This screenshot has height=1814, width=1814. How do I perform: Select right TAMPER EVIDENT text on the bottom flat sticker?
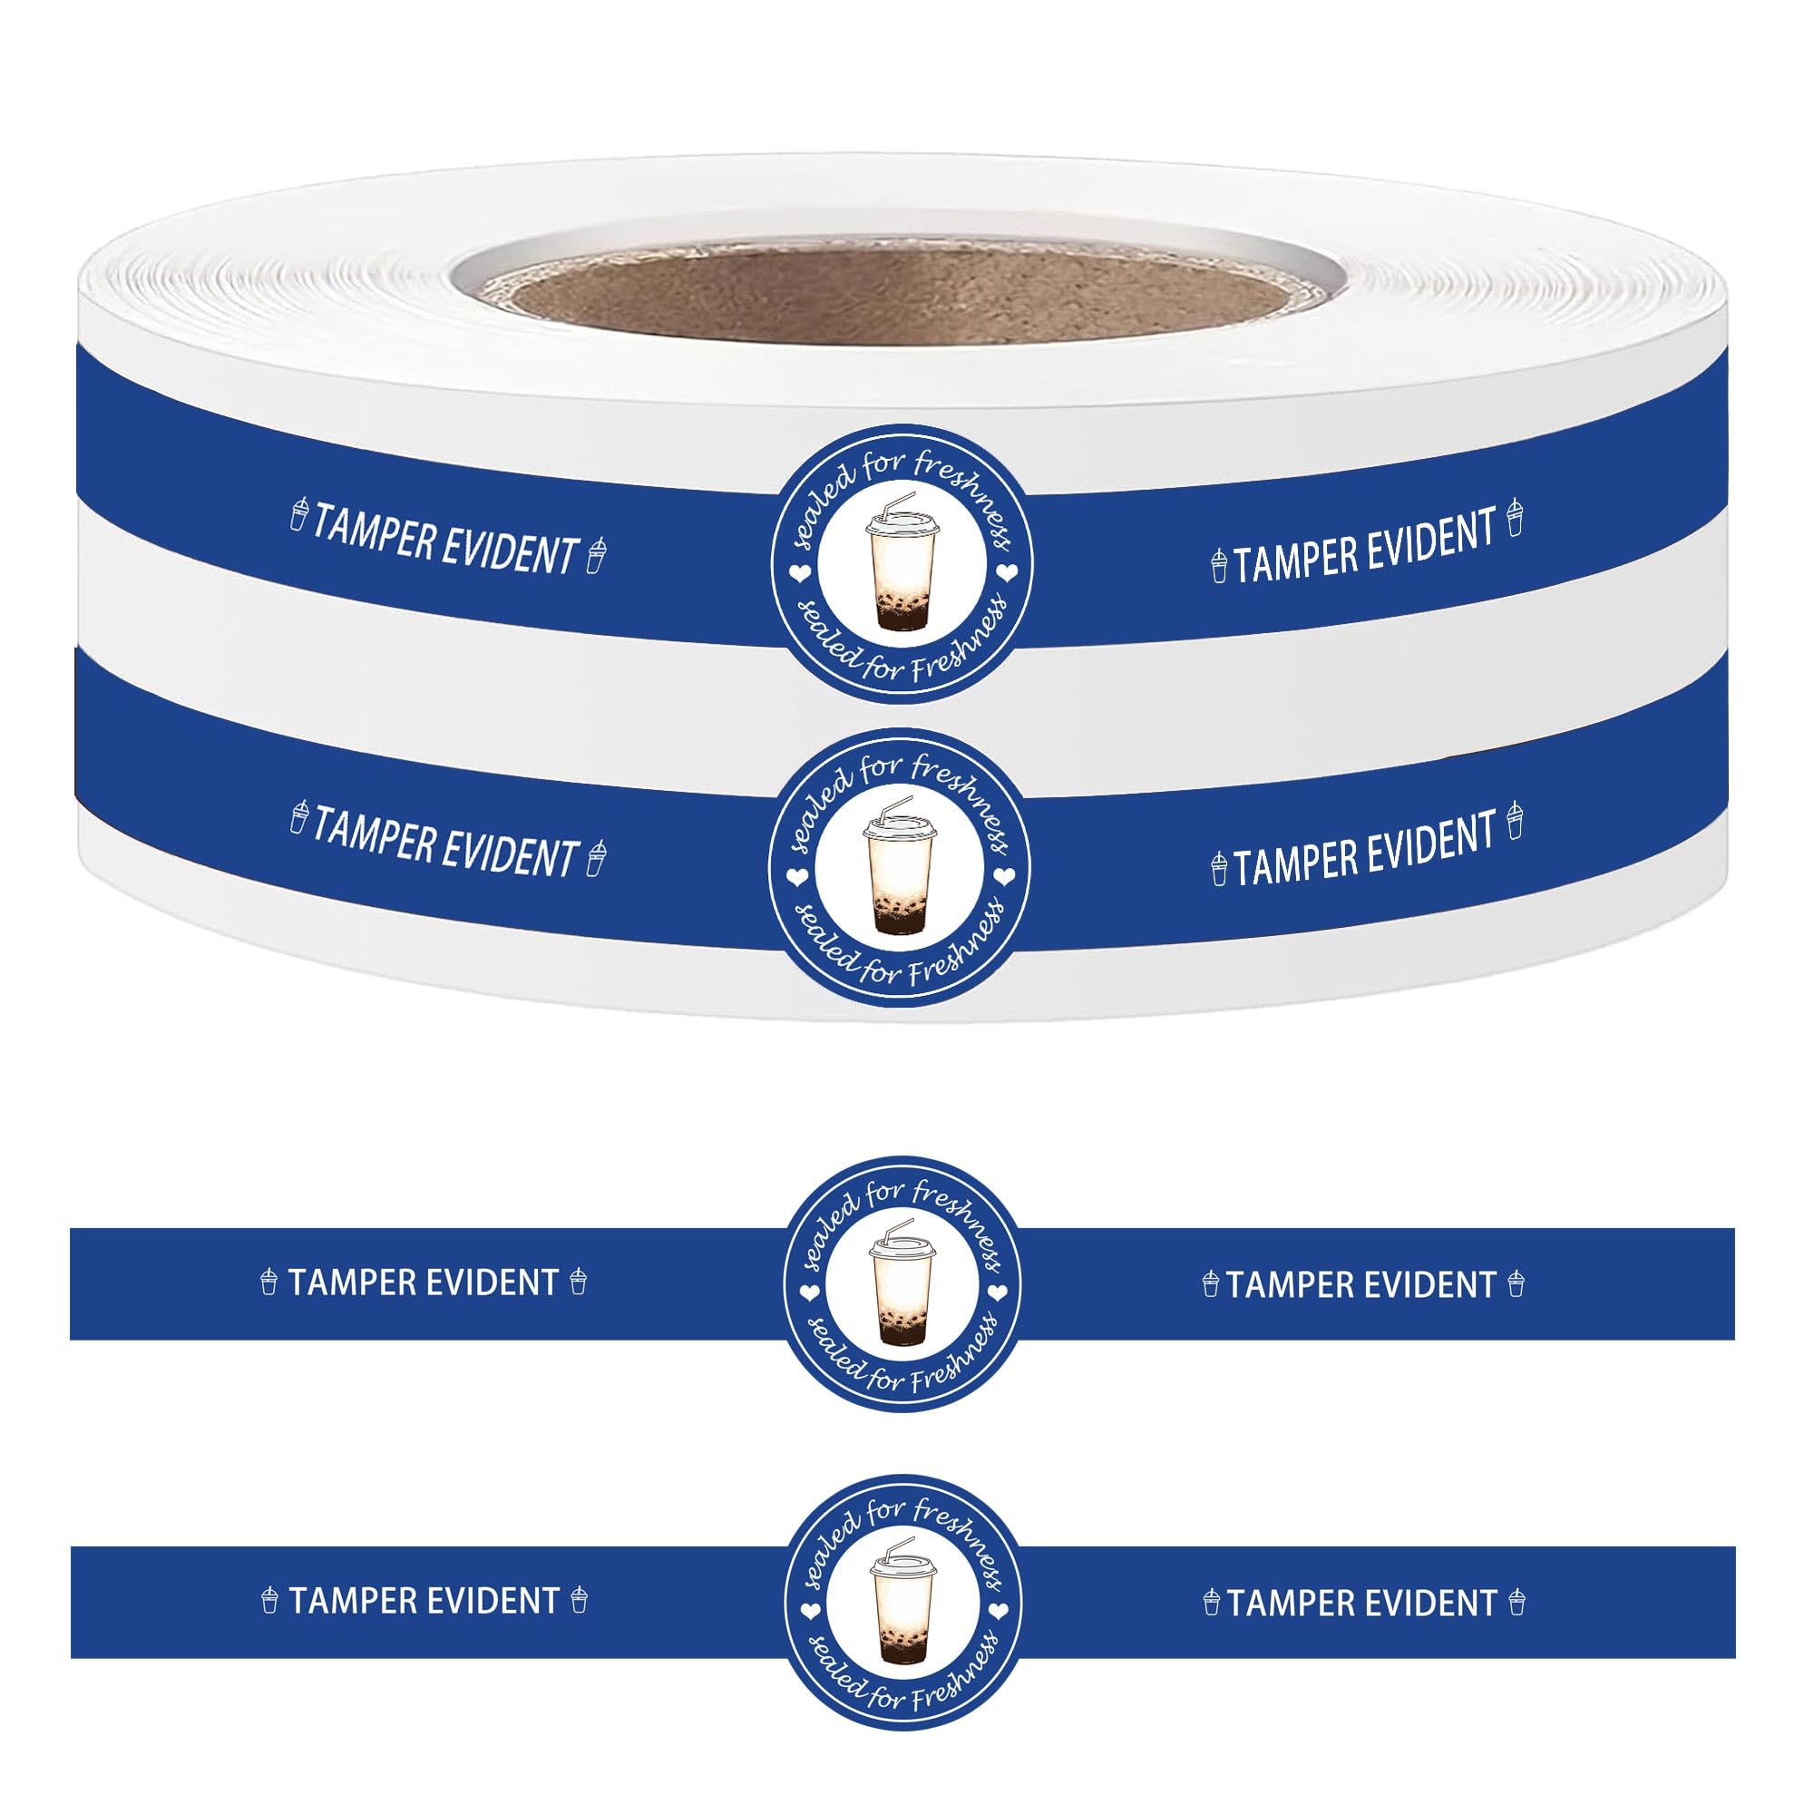coord(1360,1603)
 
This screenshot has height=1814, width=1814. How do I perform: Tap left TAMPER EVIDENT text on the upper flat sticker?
coord(424,1282)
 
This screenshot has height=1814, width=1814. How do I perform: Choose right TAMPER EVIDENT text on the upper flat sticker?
coord(1360,1284)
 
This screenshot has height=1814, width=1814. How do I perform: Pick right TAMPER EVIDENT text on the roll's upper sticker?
coord(1364,546)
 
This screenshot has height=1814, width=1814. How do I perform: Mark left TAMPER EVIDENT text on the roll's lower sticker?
coord(444,842)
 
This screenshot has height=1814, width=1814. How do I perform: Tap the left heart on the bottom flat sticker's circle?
coord(806,1610)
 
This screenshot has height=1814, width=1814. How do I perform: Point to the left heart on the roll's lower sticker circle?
coord(796,877)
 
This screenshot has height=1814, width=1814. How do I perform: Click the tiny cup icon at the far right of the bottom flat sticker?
coord(1517,1603)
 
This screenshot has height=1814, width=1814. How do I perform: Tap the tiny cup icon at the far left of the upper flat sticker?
coord(269,1282)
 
